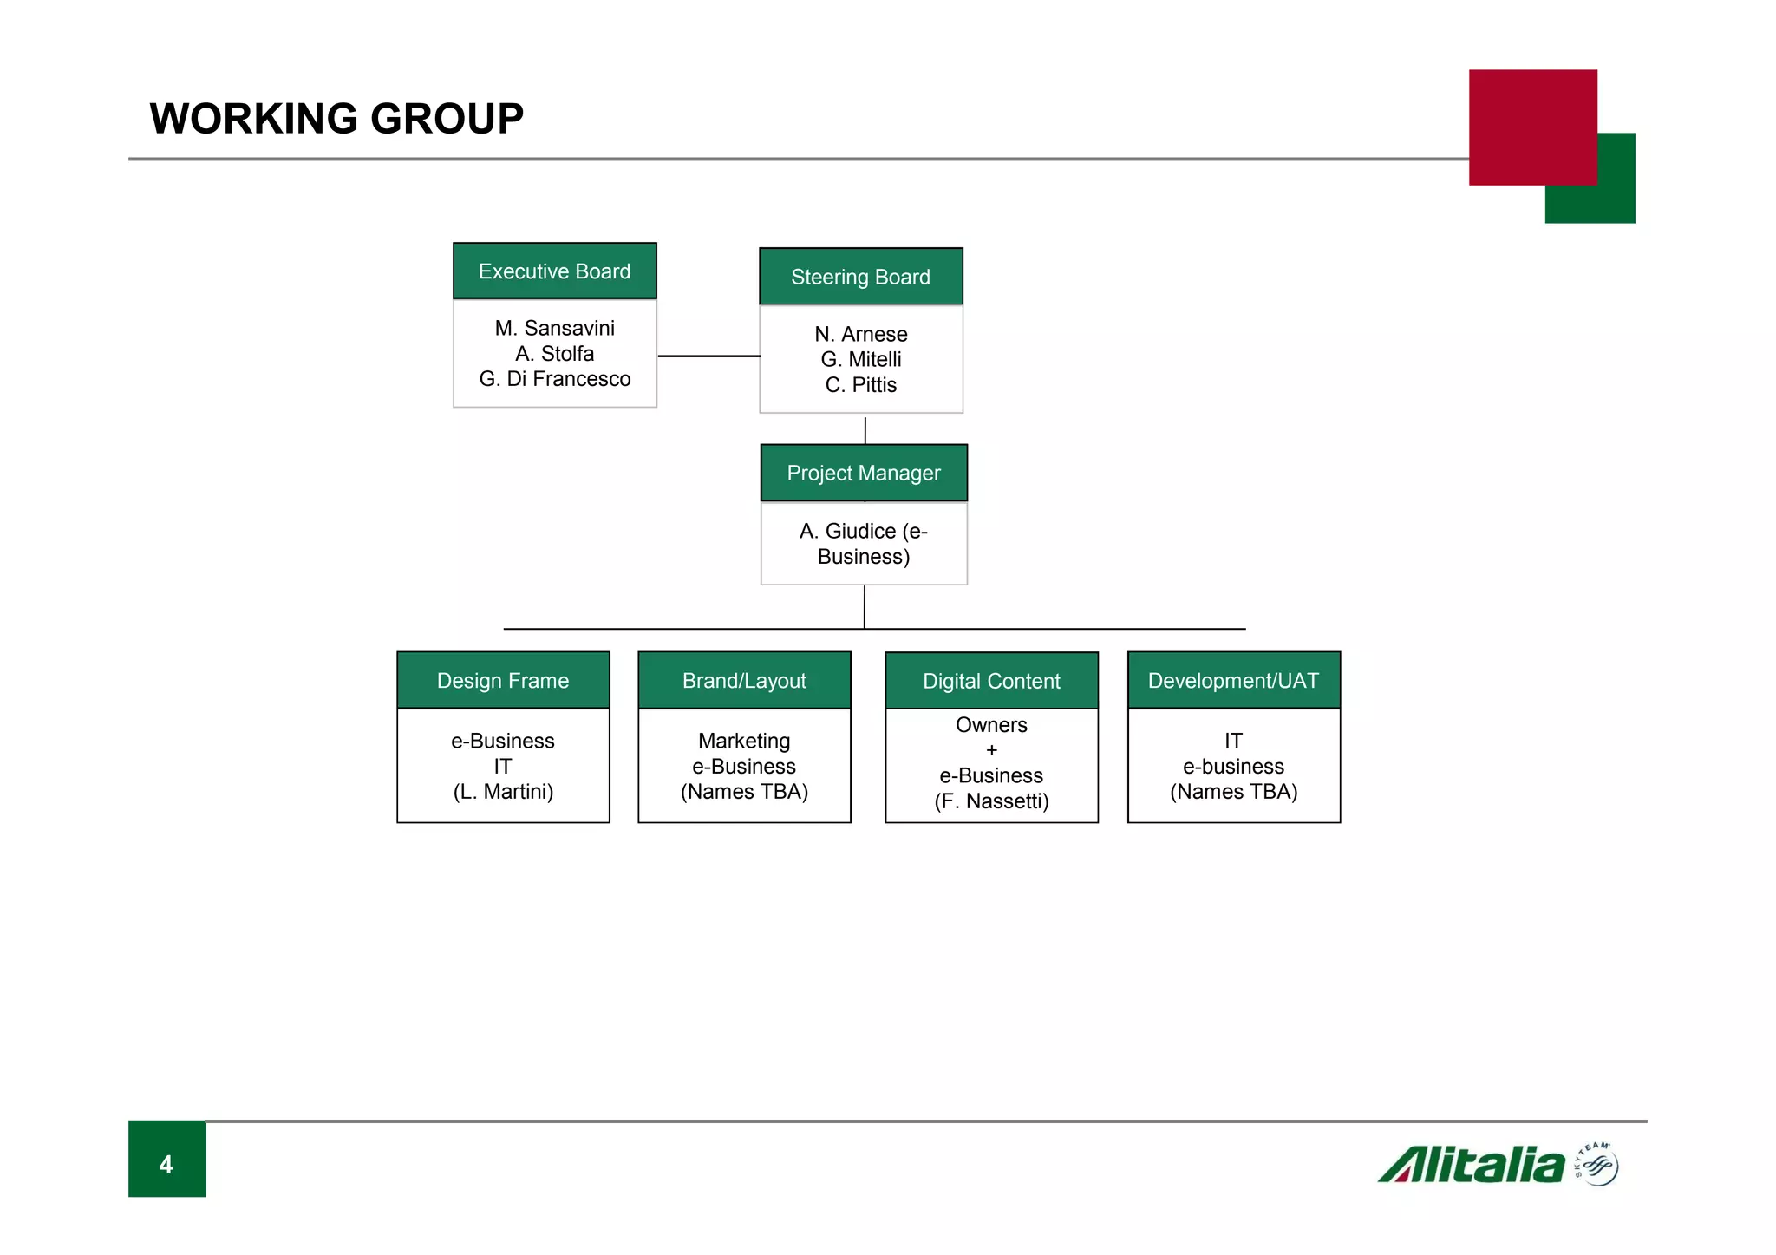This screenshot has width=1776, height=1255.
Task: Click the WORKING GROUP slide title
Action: click(336, 119)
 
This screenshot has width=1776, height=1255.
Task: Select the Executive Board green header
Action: click(554, 271)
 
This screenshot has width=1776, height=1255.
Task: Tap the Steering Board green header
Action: click(860, 277)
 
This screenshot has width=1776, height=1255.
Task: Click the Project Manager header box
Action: click(863, 473)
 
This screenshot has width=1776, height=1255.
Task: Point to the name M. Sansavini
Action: click(554, 328)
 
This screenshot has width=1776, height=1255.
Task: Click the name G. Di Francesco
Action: click(554, 379)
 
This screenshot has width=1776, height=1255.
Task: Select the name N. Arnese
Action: click(860, 334)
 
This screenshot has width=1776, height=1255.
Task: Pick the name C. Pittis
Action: click(860, 385)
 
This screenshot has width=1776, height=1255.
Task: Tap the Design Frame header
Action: click(503, 681)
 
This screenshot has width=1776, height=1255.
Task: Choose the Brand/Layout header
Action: click(744, 681)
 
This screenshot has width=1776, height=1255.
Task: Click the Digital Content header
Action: click(991, 681)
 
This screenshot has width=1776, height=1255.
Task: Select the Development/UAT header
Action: click(1233, 681)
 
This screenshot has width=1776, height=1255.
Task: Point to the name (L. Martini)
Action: click(503, 792)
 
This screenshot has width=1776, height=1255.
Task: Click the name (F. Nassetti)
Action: click(991, 801)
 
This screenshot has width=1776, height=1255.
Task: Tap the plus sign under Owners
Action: click(991, 750)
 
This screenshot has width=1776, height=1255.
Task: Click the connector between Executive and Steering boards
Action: click(708, 356)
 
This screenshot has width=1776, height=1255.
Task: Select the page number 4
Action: click(166, 1164)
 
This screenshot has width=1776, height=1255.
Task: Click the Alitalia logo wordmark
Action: click(1472, 1166)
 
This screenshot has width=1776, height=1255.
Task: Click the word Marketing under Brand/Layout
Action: click(744, 741)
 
